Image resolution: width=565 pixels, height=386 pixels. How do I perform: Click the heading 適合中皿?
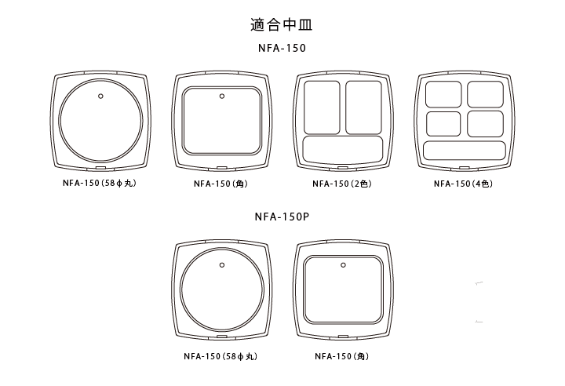pos(282,25)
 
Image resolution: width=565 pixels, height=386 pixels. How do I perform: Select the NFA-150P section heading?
pos(282,217)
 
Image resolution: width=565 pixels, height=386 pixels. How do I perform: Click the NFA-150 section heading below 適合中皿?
pos(282,48)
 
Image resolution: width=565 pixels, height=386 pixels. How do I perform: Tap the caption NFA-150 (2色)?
pos(342,184)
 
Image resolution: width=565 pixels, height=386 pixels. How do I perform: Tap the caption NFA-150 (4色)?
pos(464,184)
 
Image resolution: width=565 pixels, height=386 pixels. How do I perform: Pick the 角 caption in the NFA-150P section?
pos(342,356)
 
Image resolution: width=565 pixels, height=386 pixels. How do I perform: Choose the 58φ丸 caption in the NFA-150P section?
pos(221,356)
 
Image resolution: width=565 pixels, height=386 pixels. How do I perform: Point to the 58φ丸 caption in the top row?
pos(100,183)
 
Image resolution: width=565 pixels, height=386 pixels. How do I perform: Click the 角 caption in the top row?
pos(221,184)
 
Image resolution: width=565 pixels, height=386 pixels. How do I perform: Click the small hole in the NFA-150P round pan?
pos(222,265)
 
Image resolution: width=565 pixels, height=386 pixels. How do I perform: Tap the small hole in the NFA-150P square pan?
pos(343,265)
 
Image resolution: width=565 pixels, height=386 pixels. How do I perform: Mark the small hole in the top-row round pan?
pos(101,96)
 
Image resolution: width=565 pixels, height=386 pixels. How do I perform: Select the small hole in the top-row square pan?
pos(222,96)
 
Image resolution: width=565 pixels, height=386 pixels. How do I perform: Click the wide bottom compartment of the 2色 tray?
pos(343,149)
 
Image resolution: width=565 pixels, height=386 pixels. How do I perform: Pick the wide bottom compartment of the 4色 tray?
pos(465,151)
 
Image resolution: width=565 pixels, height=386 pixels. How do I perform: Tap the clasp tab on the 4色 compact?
pos(465,168)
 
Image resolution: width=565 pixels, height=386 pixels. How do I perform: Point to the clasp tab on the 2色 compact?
pos(343,168)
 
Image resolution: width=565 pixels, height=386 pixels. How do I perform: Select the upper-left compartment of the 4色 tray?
pos(443,94)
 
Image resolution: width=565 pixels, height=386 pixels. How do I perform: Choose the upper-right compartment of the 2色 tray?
pos(363,107)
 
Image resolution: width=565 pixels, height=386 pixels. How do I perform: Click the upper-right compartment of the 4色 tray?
pos(486,94)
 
